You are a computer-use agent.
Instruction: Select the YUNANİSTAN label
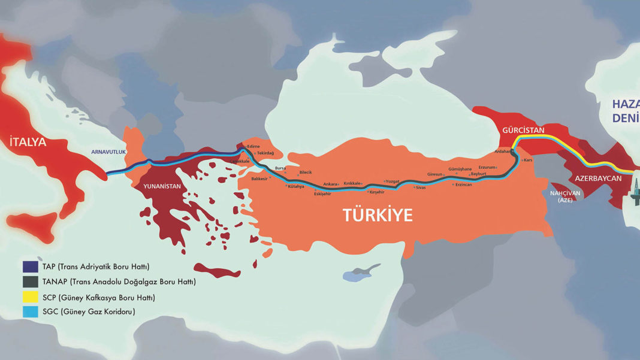(162, 186)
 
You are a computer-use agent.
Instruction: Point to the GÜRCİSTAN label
(523, 130)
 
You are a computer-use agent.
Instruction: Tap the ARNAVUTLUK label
(108, 152)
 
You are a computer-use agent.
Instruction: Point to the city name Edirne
(253, 147)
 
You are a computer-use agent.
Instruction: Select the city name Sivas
(420, 187)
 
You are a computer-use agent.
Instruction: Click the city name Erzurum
(487, 167)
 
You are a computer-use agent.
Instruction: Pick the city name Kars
(528, 161)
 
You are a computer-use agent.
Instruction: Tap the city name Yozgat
(393, 181)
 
